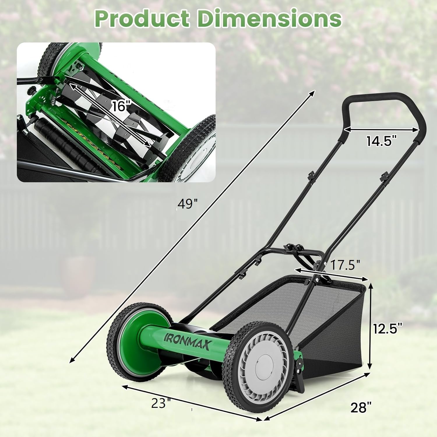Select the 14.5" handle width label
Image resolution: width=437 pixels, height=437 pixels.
click(381, 141)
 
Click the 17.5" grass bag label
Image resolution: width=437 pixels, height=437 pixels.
click(345, 265)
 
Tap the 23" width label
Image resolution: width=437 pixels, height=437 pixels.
click(161, 403)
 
